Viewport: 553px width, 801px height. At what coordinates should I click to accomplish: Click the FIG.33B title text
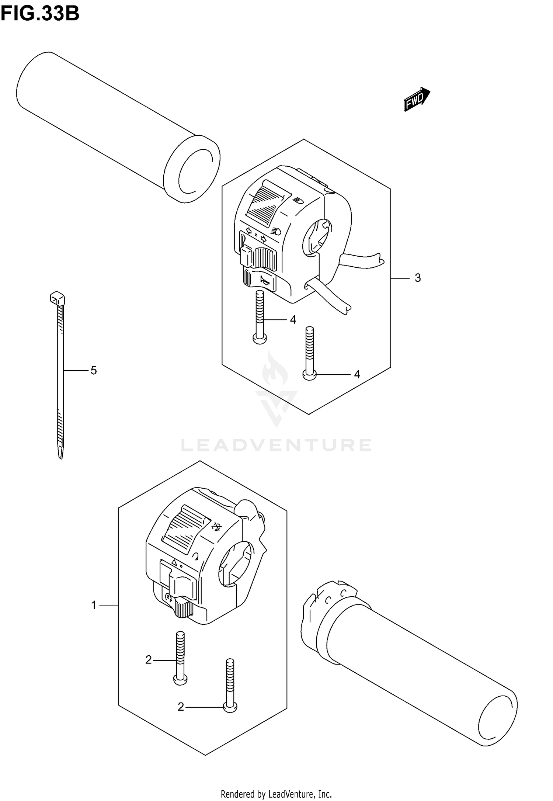[x=40, y=14]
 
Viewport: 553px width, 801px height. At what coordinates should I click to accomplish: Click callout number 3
[x=417, y=278]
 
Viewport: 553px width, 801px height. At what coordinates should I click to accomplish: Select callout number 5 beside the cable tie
[x=94, y=370]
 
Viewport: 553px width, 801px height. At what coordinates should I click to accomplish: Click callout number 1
[x=94, y=605]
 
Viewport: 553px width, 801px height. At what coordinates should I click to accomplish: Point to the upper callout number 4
[x=293, y=320]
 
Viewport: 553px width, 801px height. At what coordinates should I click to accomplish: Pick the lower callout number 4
[x=357, y=375]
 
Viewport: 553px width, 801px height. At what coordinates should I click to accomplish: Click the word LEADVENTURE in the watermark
[x=276, y=445]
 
